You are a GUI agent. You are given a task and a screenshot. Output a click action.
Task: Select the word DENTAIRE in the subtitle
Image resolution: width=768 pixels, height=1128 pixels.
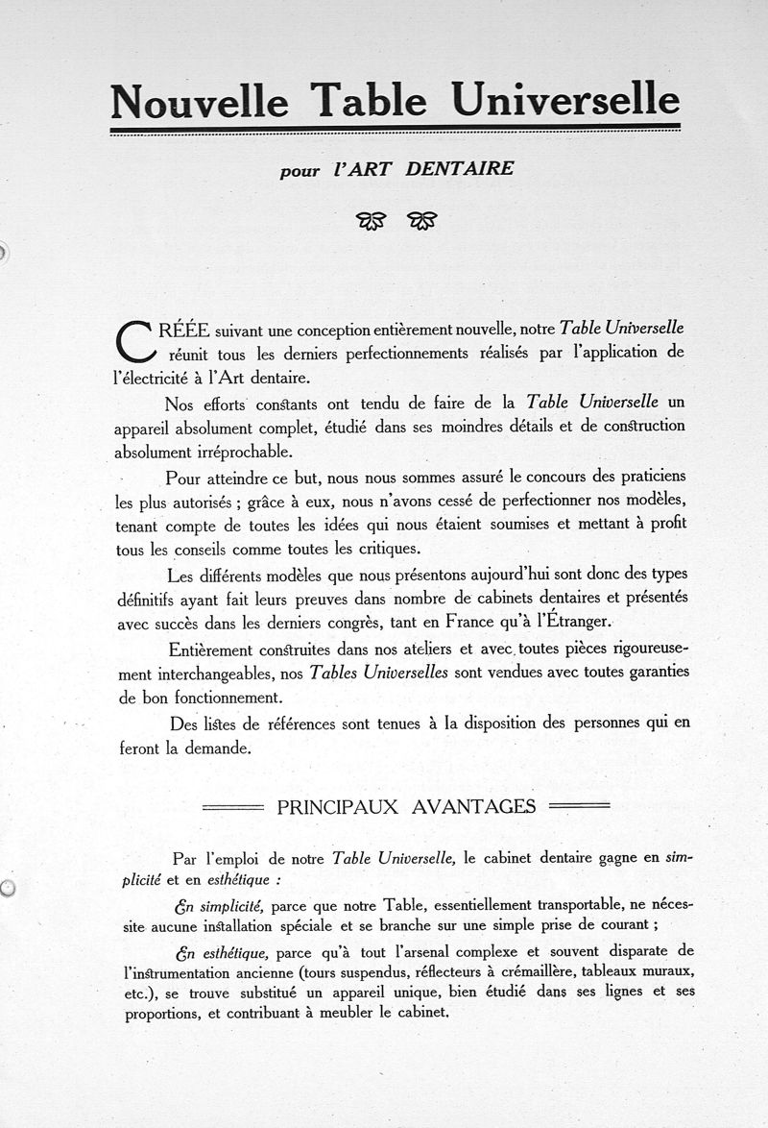coord(460,169)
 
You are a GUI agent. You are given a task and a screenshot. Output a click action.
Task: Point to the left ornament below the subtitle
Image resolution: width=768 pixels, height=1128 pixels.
coord(371,222)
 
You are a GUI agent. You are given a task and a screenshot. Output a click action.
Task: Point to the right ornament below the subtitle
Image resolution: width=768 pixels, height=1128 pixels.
coord(422,222)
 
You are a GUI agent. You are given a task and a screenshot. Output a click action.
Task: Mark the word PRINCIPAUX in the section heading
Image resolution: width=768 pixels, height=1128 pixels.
coord(337,806)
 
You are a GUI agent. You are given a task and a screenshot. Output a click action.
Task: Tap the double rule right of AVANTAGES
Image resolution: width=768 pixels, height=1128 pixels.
coord(578,806)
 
